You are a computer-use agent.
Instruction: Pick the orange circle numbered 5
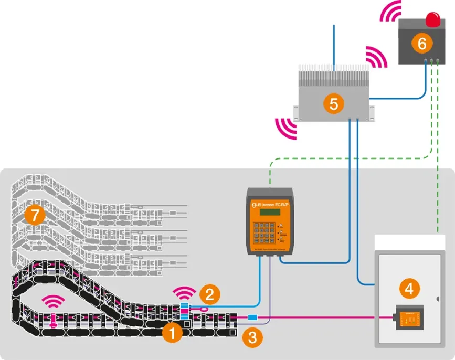[x=333, y=103]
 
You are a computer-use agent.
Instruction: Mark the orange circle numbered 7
[x=34, y=215]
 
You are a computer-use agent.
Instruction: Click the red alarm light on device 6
[x=433, y=20]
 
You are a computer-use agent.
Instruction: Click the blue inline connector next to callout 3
[x=252, y=317]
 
